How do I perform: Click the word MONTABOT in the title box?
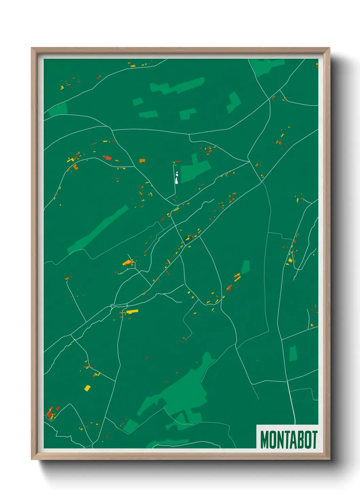point(289,440)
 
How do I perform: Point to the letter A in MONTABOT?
point(291,440)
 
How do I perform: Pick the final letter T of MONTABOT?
point(314,440)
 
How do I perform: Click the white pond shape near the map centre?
point(177,178)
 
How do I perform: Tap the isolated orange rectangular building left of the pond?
point(142,160)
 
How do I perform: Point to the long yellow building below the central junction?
point(132,312)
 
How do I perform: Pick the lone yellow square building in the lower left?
point(87,388)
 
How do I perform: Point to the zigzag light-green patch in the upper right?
point(234,102)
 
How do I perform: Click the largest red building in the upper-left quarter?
point(108,157)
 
